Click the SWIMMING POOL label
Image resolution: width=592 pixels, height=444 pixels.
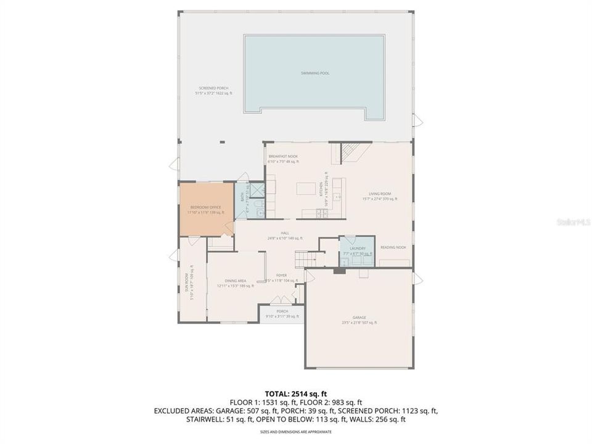(x=314, y=73)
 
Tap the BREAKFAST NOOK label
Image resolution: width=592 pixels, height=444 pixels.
(x=283, y=157)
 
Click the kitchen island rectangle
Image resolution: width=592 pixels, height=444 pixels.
(x=306, y=188)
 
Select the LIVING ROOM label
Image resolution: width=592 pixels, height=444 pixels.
(x=380, y=194)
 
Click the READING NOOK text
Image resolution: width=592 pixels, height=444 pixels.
(x=392, y=247)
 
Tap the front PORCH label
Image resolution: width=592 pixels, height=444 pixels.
(x=282, y=311)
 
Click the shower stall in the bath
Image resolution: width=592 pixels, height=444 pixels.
(x=253, y=189)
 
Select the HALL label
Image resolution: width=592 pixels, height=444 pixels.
(x=285, y=233)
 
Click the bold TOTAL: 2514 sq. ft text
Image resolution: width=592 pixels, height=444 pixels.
(x=296, y=393)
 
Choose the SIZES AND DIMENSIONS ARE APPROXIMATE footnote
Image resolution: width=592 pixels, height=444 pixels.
(x=296, y=432)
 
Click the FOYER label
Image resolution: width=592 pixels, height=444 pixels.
(x=281, y=275)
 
